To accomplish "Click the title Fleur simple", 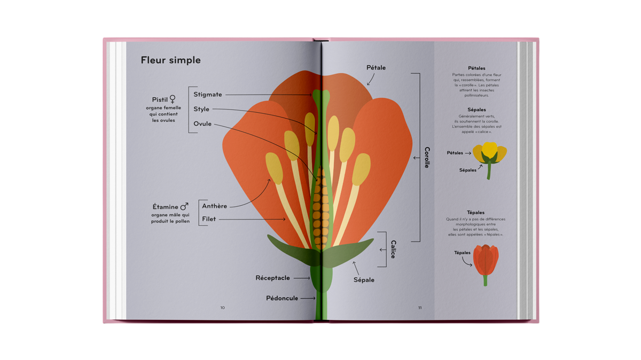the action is tap(170, 60).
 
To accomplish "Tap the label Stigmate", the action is tap(207, 95).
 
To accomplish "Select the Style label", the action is tap(201, 109).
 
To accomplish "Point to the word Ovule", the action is tap(202, 123).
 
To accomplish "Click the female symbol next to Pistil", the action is tap(172, 99).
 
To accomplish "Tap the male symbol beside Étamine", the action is tap(184, 206).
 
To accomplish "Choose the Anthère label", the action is tap(214, 206).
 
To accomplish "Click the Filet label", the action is tap(209, 219).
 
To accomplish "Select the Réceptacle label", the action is tap(272, 278).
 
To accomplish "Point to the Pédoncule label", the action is tap(282, 298).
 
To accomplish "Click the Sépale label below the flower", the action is tap(364, 280).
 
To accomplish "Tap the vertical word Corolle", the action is tap(427, 158).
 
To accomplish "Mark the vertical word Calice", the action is tap(393, 249).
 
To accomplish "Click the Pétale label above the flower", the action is tap(376, 67).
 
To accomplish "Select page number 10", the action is tap(222, 308).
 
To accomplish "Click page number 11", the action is tap(420, 308).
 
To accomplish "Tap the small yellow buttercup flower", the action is tap(489, 160).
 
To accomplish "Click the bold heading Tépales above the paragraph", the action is tap(475, 213).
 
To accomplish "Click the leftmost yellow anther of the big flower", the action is tap(274, 168).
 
